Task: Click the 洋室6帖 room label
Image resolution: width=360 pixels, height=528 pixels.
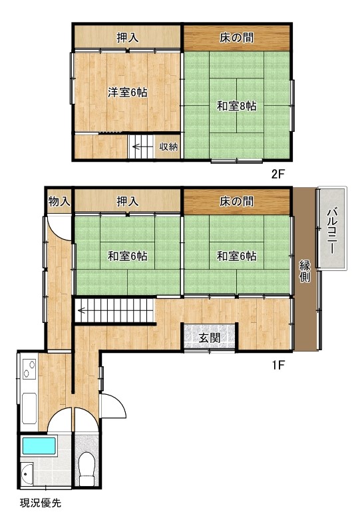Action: tap(128, 92)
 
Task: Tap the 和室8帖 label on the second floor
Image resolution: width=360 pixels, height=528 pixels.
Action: tap(236, 106)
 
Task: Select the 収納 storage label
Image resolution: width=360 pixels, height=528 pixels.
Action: tap(168, 147)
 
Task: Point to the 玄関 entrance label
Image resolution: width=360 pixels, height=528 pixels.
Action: tap(209, 338)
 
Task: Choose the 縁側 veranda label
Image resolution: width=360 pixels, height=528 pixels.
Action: tap(305, 271)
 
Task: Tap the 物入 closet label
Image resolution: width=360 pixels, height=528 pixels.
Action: tap(59, 201)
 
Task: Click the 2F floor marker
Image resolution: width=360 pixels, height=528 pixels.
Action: tap(279, 174)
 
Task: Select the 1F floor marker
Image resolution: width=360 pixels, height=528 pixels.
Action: tap(279, 365)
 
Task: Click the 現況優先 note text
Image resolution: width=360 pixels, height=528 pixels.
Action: tap(41, 503)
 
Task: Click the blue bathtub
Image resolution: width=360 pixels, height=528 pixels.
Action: tap(39, 445)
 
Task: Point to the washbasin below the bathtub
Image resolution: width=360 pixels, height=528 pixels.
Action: tap(27, 474)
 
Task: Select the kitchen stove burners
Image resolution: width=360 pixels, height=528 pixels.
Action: tap(29, 369)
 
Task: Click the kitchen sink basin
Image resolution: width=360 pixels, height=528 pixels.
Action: tap(29, 408)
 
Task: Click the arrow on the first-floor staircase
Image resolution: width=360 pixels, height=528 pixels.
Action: tap(85, 310)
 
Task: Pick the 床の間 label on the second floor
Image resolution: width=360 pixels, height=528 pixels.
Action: tap(236, 37)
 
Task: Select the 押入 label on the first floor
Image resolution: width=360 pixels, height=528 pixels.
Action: tap(128, 201)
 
